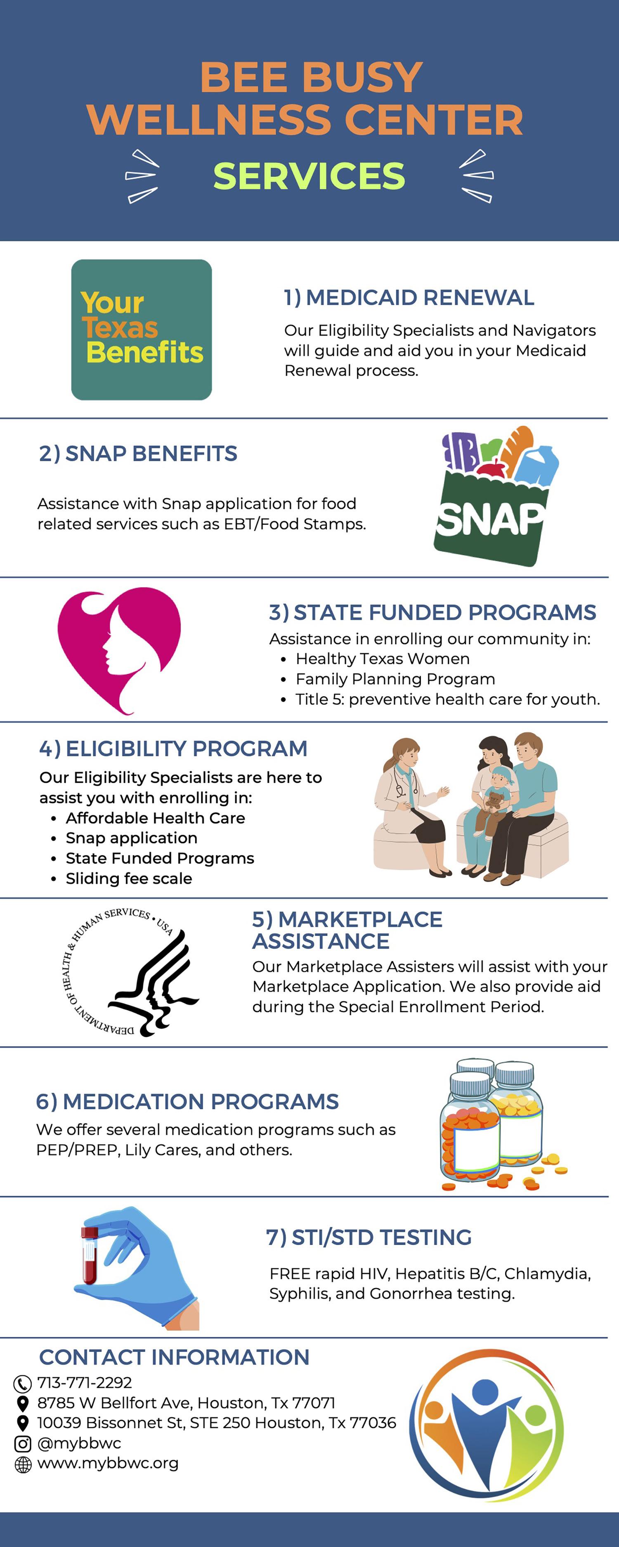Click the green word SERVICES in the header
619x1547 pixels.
coord(309,176)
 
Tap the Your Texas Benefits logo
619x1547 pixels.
coord(142,330)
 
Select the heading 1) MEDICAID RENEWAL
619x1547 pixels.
coord(409,297)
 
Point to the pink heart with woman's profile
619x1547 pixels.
coord(119,650)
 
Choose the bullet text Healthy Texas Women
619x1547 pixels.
coord(383,659)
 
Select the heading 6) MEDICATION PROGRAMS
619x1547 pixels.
coord(187,1101)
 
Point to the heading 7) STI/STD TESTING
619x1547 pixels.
coord(369,1237)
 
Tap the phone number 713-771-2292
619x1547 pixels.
coord(85,1382)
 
